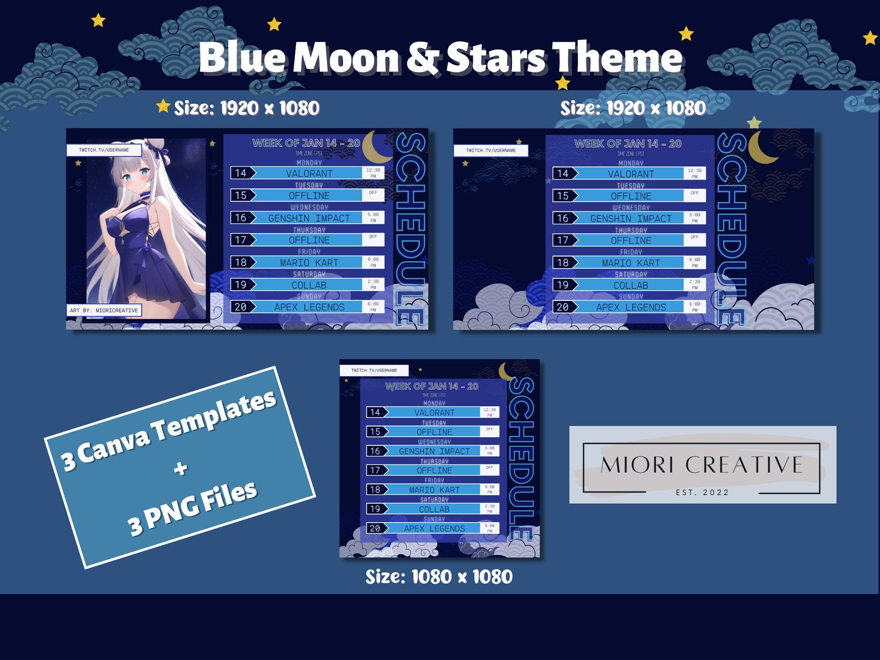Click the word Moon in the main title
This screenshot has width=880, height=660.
[346, 58]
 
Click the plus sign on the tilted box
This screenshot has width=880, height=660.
[180, 469]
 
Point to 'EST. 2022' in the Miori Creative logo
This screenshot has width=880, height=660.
[702, 492]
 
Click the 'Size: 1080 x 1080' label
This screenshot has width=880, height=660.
[439, 577]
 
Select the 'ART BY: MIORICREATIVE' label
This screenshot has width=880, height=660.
[104, 310]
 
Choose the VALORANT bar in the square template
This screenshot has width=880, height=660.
[434, 412]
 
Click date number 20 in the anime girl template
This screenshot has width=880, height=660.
[241, 307]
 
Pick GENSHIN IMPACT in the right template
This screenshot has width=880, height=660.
[631, 218]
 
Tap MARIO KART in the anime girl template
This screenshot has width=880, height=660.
[309, 263]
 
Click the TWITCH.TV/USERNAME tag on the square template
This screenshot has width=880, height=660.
[374, 370]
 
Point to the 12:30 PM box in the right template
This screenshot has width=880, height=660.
[694, 173]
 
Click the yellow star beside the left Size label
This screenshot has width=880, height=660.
[163, 106]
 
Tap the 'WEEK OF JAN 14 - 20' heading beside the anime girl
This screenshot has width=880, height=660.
[306, 143]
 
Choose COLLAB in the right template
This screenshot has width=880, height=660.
[631, 285]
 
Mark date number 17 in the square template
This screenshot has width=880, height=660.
[375, 470]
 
